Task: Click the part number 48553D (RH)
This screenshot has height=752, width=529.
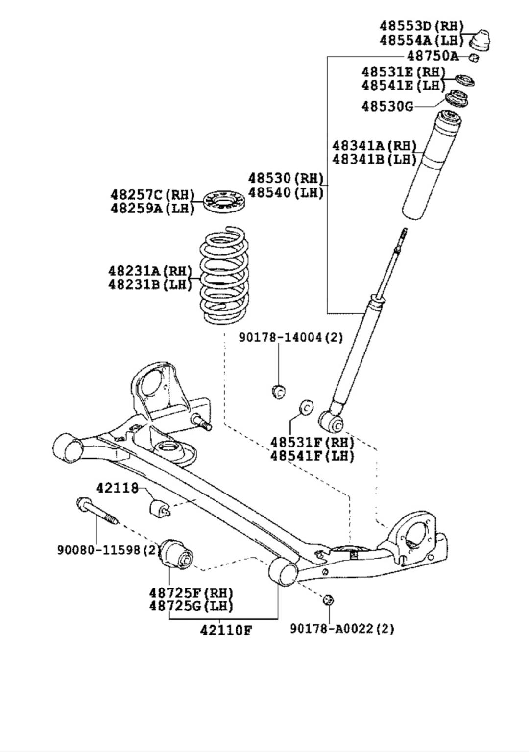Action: [x=422, y=26]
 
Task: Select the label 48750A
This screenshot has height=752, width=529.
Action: [x=433, y=56]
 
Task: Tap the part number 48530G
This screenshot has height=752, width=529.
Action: [x=387, y=106]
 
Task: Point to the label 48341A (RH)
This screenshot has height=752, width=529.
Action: [x=374, y=146]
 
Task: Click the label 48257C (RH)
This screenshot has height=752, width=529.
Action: [x=152, y=195]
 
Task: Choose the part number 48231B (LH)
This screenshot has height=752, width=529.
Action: [x=150, y=284]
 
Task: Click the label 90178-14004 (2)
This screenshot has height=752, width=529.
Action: [x=291, y=337]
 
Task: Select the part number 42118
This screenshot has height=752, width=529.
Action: [x=118, y=488]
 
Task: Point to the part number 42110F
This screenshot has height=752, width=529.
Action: [x=226, y=631]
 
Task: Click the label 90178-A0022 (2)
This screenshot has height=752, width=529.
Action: [x=342, y=629]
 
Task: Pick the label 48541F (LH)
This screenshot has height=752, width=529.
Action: [x=313, y=456]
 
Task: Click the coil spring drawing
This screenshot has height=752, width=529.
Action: [x=222, y=275]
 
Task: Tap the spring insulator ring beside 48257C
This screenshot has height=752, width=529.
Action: [x=224, y=200]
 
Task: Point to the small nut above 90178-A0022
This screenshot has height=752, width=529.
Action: [x=328, y=600]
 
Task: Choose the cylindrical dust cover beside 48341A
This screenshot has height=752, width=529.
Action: [x=433, y=165]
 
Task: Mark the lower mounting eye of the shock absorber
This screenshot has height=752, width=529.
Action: [x=331, y=421]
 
